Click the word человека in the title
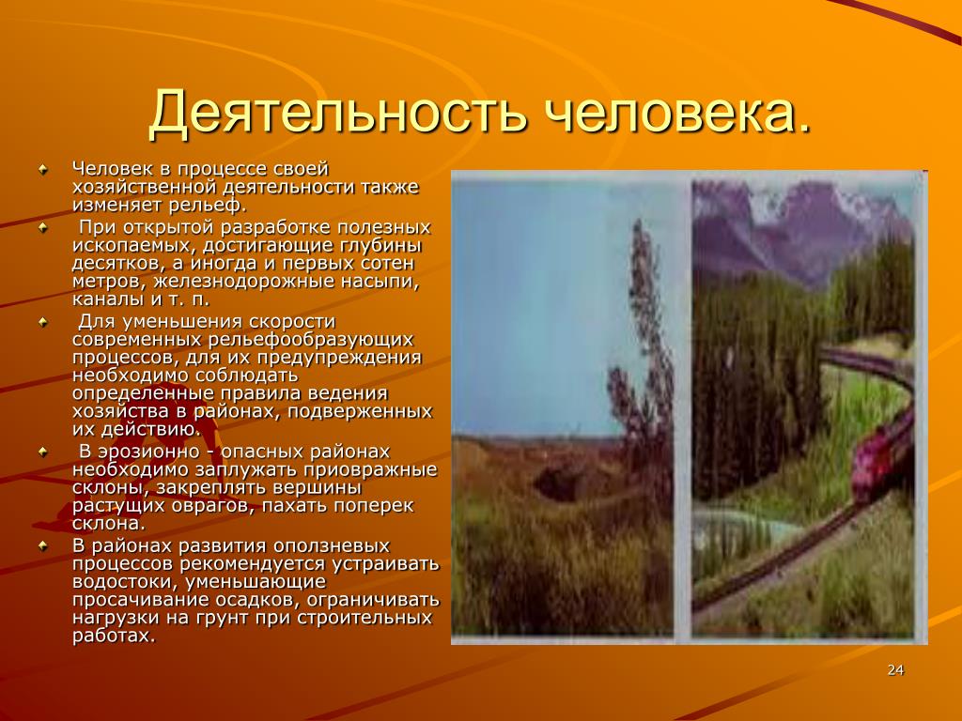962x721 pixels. pyautogui.click(x=666, y=113)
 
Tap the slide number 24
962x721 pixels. pyautogui.click(x=895, y=669)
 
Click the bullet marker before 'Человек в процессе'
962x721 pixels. pyautogui.click(x=43, y=169)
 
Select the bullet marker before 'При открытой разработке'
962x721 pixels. pyautogui.click(x=43, y=227)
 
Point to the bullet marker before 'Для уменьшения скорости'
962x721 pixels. pyautogui.click(x=43, y=322)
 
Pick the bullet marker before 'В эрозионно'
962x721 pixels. pyautogui.click(x=43, y=452)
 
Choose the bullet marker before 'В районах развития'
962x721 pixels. pyautogui.click(x=43, y=545)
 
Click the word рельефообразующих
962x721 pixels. pyautogui.click(x=311, y=340)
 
